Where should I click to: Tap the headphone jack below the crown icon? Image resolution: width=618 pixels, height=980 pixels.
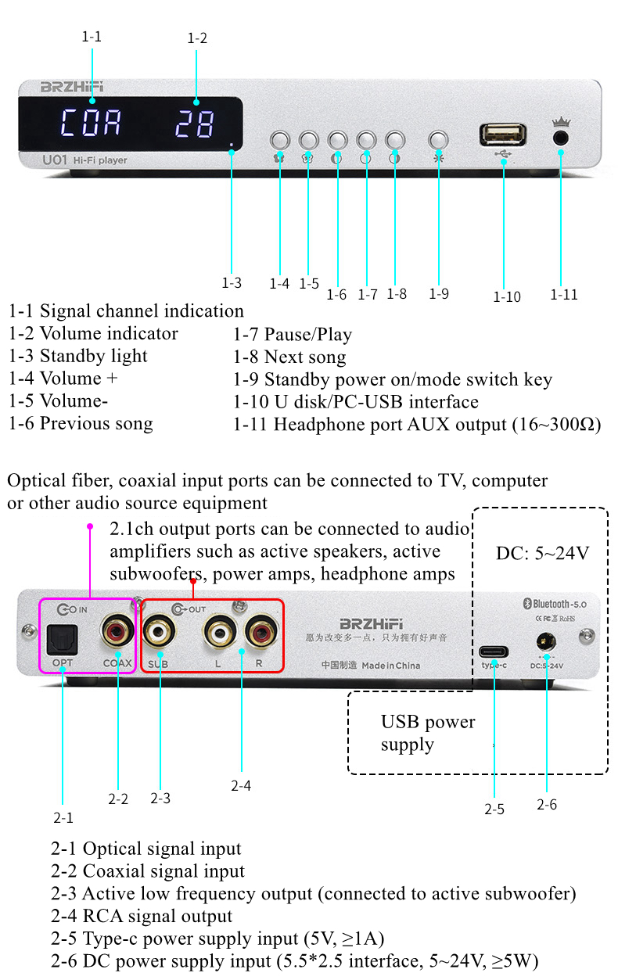point(560,137)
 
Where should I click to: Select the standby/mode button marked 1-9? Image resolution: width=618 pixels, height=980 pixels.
point(439,140)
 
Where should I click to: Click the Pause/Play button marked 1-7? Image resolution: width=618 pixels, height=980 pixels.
point(366,140)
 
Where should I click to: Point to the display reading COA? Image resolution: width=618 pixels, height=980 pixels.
point(92,124)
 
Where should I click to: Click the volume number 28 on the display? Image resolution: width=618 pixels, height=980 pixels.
point(195,124)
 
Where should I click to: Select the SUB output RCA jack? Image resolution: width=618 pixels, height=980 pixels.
point(160,629)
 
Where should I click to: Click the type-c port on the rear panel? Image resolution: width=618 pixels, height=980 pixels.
point(494,652)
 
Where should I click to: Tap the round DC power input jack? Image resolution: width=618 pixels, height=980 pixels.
point(546,643)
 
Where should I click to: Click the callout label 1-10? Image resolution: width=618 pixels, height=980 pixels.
point(506,297)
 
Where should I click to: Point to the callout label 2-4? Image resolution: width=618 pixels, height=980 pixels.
point(240,785)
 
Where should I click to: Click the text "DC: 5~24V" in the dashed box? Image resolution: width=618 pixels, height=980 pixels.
point(541,554)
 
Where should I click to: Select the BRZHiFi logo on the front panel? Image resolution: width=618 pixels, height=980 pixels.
point(72,87)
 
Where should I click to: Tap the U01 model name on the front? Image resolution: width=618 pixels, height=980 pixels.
point(52,160)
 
